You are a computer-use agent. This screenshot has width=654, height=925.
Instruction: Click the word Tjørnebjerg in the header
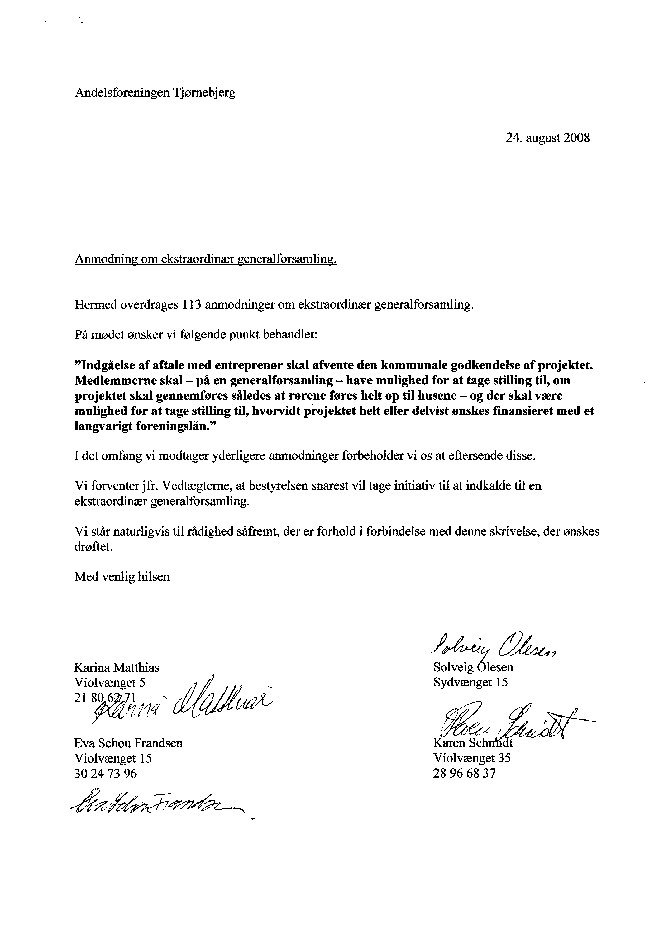(x=204, y=93)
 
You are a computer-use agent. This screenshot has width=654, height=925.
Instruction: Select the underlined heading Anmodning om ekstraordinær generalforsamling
(x=206, y=259)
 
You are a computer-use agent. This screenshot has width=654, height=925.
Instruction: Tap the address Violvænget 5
(x=109, y=683)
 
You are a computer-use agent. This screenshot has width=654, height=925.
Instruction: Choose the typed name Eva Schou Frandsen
(x=128, y=743)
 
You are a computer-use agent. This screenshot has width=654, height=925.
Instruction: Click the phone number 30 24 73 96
(x=106, y=774)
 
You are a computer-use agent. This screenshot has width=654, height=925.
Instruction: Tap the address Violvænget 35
(x=472, y=758)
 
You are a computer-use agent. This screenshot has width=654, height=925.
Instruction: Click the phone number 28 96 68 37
(x=464, y=774)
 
